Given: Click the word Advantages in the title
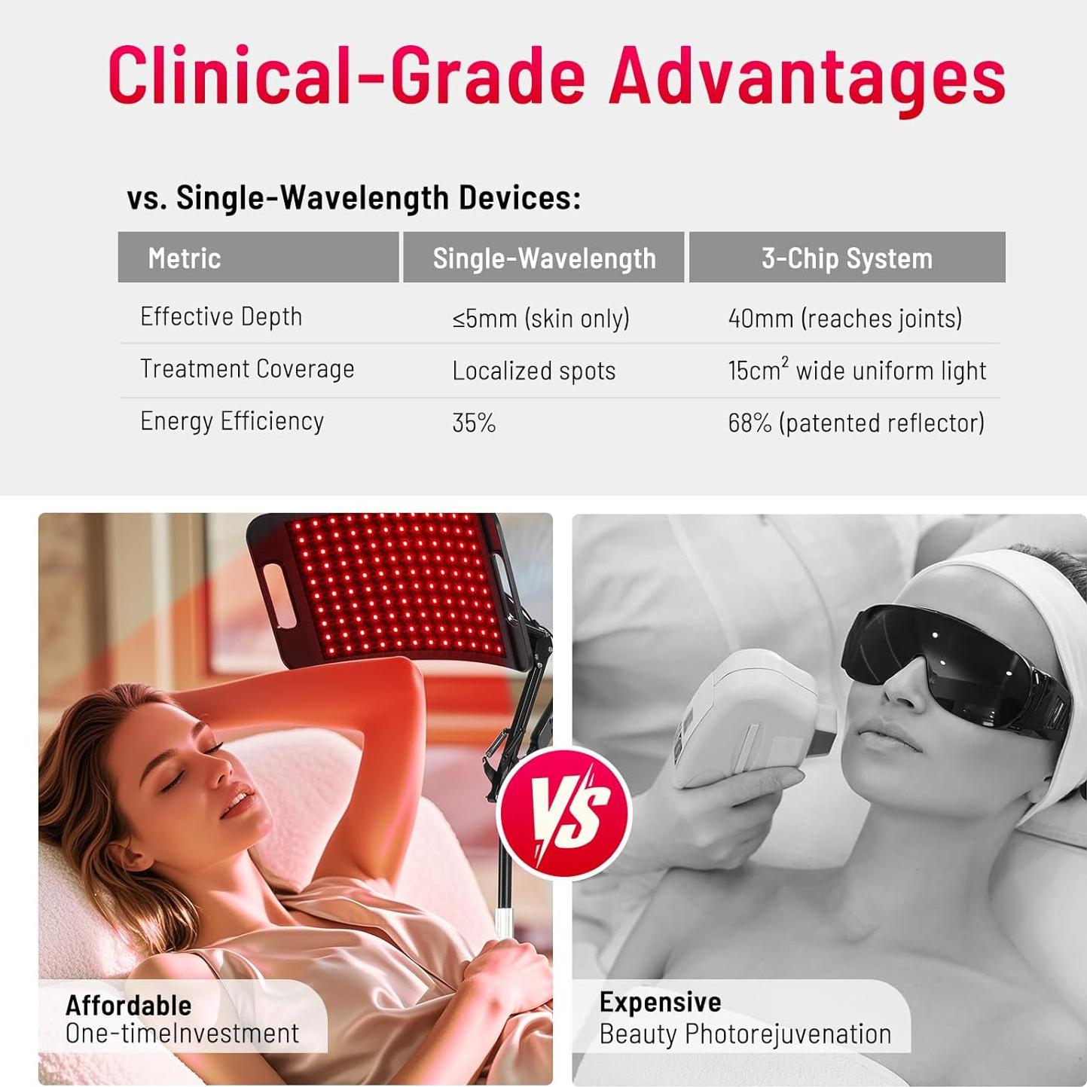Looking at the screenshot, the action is (807, 79).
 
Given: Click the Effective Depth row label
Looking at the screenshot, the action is (221, 317).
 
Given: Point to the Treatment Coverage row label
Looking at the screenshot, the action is (247, 369).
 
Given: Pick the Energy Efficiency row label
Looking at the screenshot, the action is (232, 422).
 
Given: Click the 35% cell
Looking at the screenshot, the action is (474, 423).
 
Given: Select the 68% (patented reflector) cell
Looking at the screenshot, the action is (856, 423).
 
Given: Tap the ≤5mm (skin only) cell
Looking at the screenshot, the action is (540, 319).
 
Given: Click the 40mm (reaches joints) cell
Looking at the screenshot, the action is (844, 319).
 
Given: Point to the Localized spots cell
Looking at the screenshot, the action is (533, 371).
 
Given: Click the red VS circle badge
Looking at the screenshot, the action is (564, 813).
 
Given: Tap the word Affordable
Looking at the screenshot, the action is (128, 1006).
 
